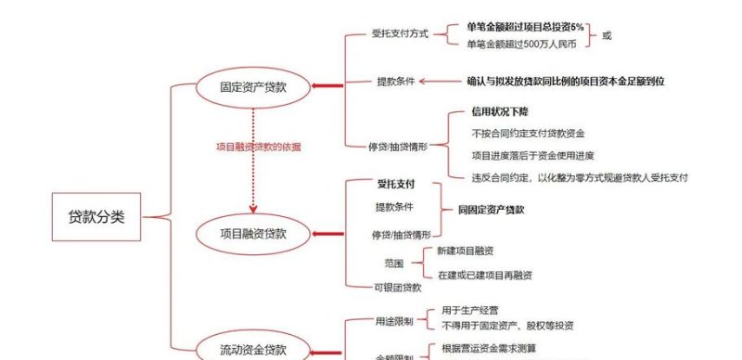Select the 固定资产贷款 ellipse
(252, 88)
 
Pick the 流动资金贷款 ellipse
(252, 350)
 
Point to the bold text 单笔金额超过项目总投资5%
(525, 28)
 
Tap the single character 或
(608, 36)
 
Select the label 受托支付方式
(401, 34)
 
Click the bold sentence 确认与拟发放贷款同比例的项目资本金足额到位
(566, 82)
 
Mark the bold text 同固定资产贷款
(492, 210)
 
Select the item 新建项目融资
(467, 251)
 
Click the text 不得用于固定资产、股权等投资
(507, 326)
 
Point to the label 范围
(393, 263)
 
